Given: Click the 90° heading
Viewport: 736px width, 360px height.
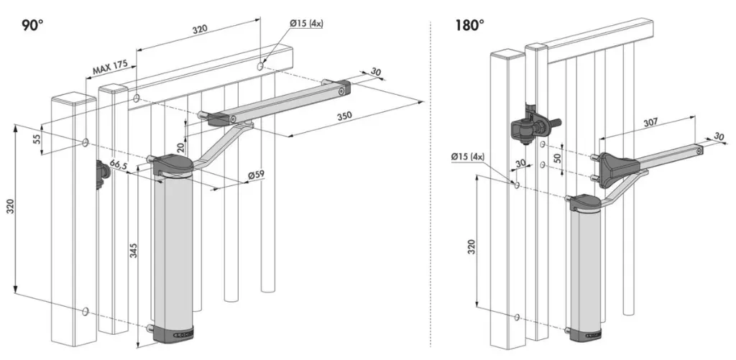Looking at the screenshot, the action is pos(32,25).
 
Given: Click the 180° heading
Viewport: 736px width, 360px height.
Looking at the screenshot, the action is pos(469,25).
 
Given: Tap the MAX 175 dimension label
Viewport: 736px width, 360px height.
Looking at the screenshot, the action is pos(110,68).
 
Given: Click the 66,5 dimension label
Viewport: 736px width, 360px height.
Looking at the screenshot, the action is pos(119,165).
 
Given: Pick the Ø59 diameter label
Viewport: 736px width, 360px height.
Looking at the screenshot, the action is pos(257,175).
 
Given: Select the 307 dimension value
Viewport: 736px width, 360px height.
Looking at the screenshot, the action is pos(650,122).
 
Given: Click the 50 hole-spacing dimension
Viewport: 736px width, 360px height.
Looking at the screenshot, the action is pos(557,157).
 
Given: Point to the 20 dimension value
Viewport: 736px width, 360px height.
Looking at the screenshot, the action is pos(180,148).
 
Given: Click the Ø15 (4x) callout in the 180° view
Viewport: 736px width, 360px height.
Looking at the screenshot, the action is pos(467,157).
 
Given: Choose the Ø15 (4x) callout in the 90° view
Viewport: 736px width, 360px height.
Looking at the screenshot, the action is pos(306,22).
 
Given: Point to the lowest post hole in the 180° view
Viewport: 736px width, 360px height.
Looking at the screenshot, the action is pos(517,317).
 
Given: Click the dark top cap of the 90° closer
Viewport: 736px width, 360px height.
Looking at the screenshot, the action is pos(172,165).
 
